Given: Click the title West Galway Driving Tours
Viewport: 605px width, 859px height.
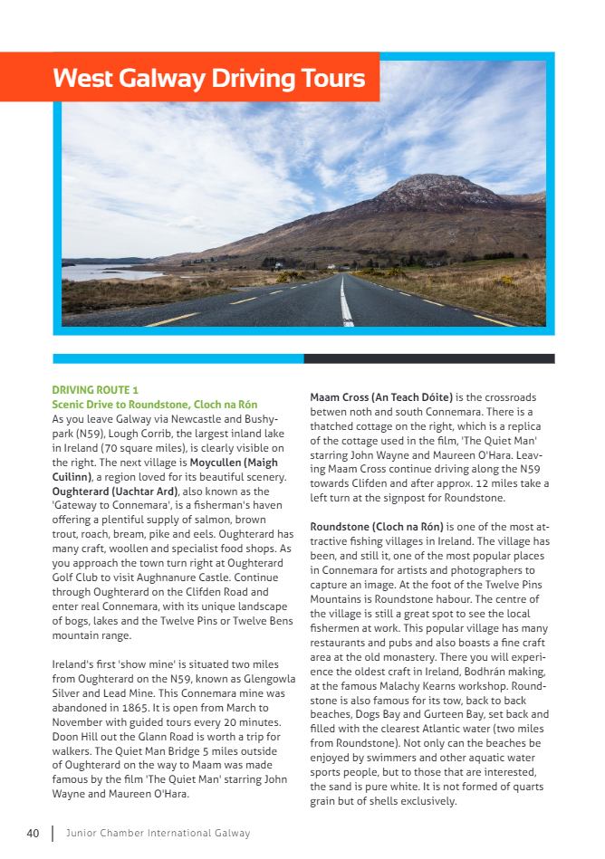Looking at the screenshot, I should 208,78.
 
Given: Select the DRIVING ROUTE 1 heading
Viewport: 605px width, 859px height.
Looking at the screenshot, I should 95,390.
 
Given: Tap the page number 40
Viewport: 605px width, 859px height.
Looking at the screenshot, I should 33,833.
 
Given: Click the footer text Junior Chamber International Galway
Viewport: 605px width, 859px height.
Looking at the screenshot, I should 158,833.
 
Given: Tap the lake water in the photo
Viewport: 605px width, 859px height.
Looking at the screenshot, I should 100,272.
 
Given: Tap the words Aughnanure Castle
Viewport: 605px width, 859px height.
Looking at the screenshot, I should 173,577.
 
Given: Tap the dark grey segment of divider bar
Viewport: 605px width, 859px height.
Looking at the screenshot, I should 428,358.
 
